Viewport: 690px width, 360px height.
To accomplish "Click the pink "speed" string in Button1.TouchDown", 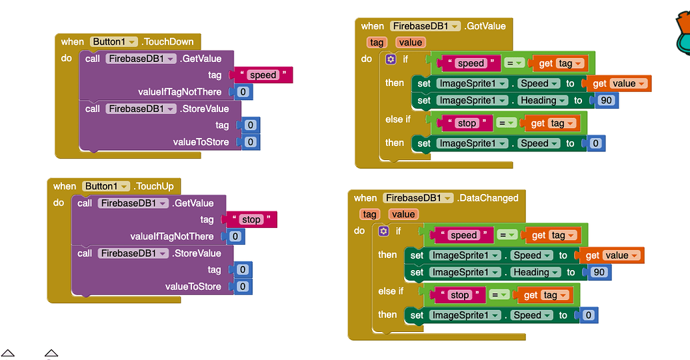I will click(263, 75).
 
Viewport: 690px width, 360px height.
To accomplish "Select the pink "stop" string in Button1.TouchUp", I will click(251, 220).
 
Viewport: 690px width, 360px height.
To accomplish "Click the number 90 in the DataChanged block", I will click(599, 272).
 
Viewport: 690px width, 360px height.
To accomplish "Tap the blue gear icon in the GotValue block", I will click(391, 59).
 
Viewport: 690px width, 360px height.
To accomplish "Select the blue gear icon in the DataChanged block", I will click(383, 231).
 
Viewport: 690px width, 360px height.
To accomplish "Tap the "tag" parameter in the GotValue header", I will click(377, 43).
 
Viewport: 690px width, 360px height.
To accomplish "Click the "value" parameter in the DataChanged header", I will click(403, 214).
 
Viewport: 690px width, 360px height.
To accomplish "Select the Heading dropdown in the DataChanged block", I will click(535, 272).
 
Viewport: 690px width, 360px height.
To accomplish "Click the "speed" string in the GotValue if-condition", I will click(471, 63).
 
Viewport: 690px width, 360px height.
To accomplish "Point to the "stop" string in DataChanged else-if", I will click(459, 295).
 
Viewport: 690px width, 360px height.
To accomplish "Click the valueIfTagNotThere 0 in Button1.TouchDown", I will click(243, 92).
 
